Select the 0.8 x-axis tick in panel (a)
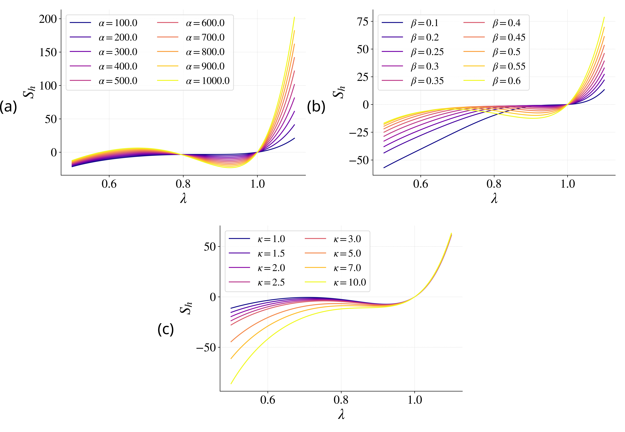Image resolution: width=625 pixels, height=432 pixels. point(183,184)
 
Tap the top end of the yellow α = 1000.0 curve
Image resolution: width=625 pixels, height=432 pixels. point(294,17)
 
